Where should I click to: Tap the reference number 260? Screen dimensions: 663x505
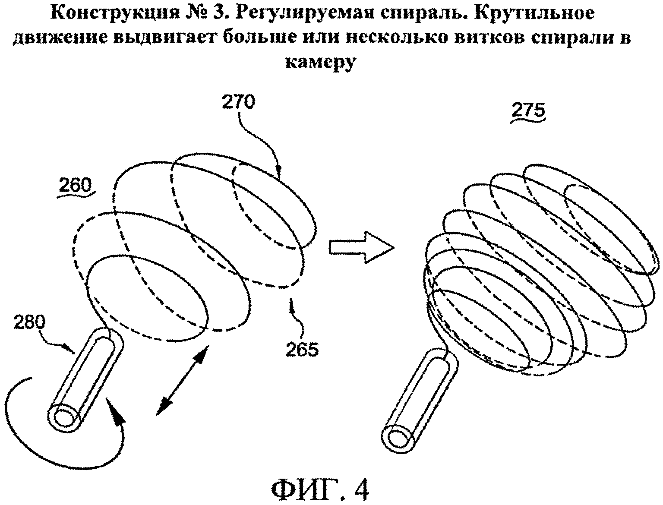[75, 186]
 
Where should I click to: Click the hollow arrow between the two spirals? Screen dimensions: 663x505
[362, 247]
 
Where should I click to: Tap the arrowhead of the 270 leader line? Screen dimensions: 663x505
[279, 174]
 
